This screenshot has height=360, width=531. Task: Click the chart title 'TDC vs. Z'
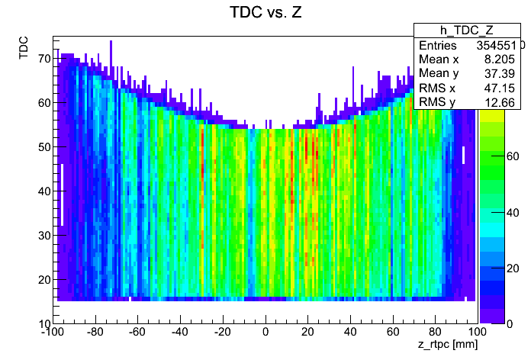(265, 13)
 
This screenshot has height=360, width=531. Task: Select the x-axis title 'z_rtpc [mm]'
(448, 346)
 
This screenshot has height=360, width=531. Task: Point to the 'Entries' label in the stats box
(438, 45)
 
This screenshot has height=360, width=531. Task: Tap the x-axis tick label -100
(53, 333)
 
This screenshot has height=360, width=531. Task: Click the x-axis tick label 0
(265, 333)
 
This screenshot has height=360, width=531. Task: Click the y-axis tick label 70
(43, 58)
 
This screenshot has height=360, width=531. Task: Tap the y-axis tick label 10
(43, 323)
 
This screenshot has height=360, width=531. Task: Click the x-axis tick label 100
(477, 333)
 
